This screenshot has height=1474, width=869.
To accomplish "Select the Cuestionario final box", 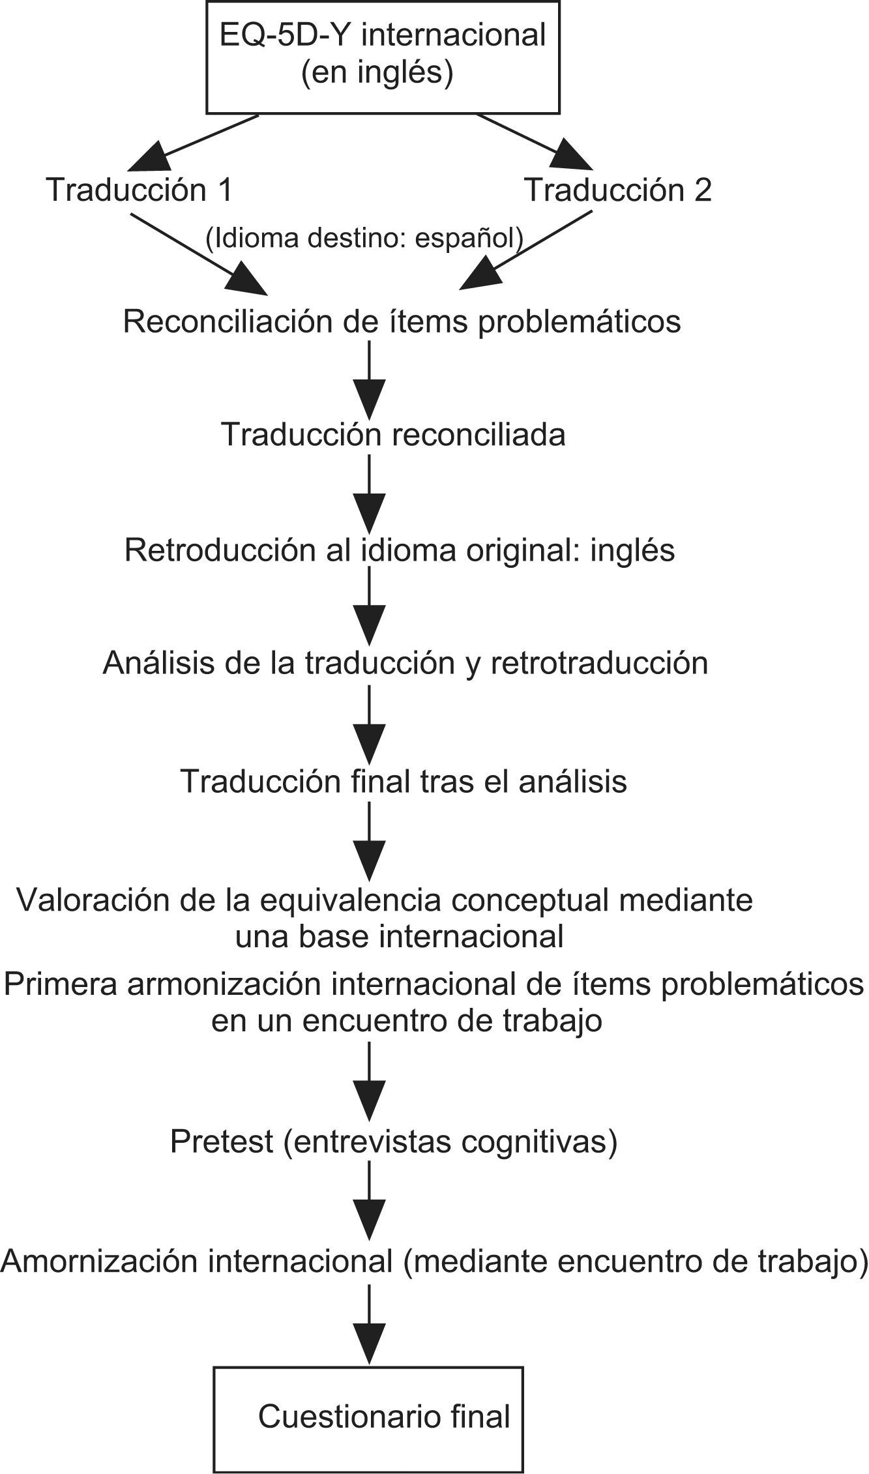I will coord(368,1416).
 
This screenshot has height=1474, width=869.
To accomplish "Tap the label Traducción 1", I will coord(140,190).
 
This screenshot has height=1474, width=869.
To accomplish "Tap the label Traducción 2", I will coord(618,190).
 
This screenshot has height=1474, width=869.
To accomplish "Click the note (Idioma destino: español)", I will coord(364,239).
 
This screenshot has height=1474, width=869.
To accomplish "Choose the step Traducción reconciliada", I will coord(393,435).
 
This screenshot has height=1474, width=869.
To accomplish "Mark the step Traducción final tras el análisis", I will coord(404,781).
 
